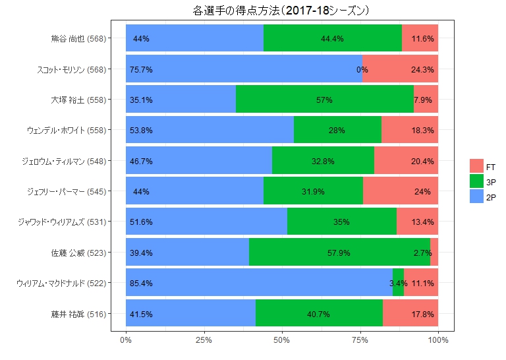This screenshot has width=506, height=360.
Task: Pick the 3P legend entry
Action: (x=484, y=181)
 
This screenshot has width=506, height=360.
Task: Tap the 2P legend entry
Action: (x=484, y=196)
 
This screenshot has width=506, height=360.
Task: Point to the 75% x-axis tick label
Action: (x=360, y=340)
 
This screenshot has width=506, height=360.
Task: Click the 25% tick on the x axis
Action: (x=204, y=340)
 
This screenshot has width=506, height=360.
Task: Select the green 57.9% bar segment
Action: (x=339, y=253)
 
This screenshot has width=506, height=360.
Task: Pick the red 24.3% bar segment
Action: (x=400, y=69)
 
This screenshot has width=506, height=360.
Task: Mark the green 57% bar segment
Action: (x=324, y=100)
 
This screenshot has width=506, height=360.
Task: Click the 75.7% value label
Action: (x=141, y=69)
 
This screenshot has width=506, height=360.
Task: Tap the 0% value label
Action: (x=362, y=69)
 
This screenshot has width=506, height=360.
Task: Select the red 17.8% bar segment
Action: (x=410, y=314)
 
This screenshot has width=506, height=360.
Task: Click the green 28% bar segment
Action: (x=337, y=131)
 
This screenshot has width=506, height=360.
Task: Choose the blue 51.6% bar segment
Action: (x=206, y=222)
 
